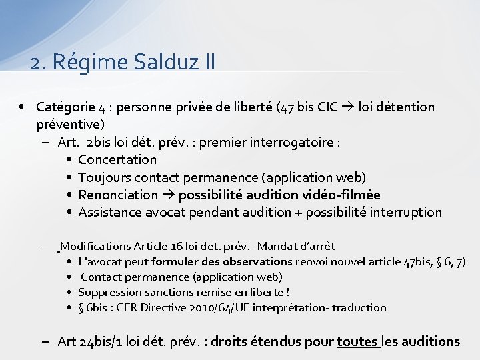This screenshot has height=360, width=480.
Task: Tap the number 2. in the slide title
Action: click(x=38, y=62)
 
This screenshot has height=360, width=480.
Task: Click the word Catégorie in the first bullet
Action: click(x=65, y=107)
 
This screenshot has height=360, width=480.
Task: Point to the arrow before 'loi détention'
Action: click(x=348, y=107)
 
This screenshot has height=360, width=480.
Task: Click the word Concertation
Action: click(x=117, y=159)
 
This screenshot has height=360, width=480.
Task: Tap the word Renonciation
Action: click(x=118, y=195)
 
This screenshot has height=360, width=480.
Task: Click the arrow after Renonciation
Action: click(x=168, y=195)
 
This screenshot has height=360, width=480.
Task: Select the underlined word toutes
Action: click(x=357, y=341)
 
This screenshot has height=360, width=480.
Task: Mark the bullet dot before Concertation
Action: click(x=69, y=160)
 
